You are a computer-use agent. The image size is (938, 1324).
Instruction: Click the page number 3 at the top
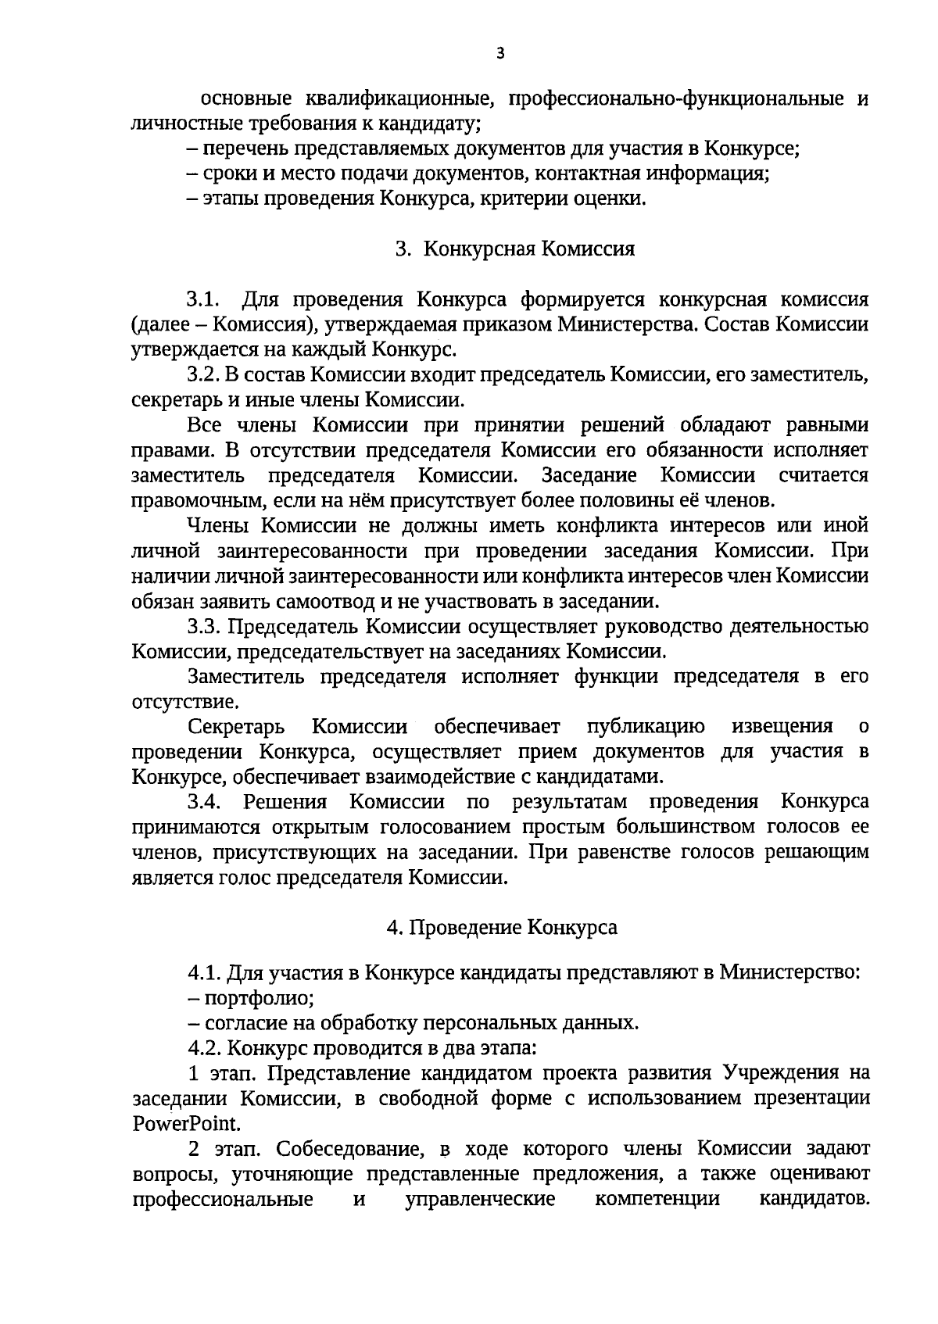501,53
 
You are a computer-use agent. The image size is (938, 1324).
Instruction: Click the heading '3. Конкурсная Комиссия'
515,249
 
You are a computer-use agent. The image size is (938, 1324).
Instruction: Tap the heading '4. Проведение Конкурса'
502,928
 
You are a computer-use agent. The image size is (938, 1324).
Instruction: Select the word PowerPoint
186,1124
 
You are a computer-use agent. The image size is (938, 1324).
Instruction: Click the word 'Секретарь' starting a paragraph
236,727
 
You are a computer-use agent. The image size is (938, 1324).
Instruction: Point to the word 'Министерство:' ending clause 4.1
789,973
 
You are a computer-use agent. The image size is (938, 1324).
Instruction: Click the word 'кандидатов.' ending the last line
814,1199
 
